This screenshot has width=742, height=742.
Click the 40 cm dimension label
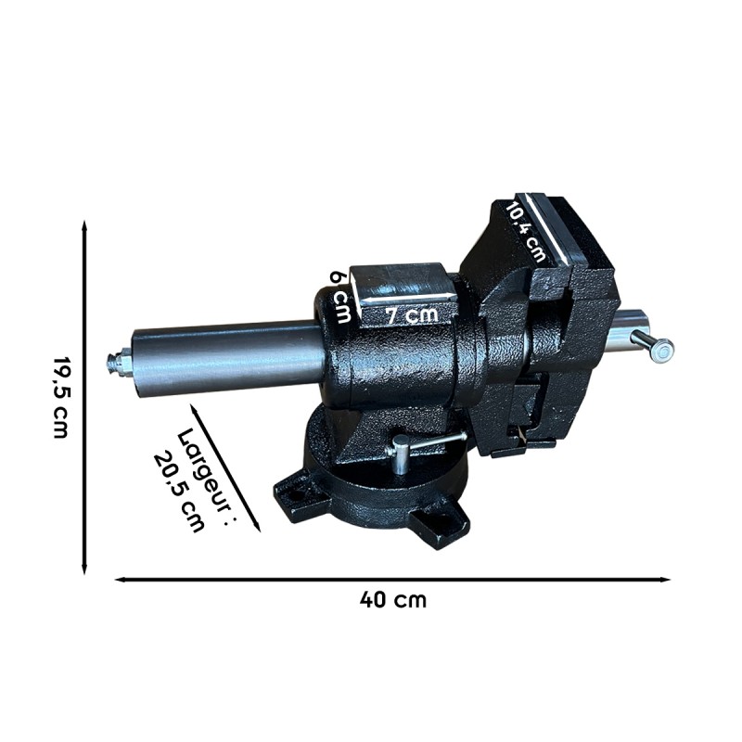pyautogui.click(x=393, y=599)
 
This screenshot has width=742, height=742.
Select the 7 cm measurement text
pyautogui.click(x=411, y=314)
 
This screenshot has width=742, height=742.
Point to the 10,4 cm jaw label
pyautogui.click(x=526, y=231)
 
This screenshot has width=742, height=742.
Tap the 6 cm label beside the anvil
pyautogui.click(x=341, y=295)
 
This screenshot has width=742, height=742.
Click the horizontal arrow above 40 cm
pyautogui.click(x=393, y=580)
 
